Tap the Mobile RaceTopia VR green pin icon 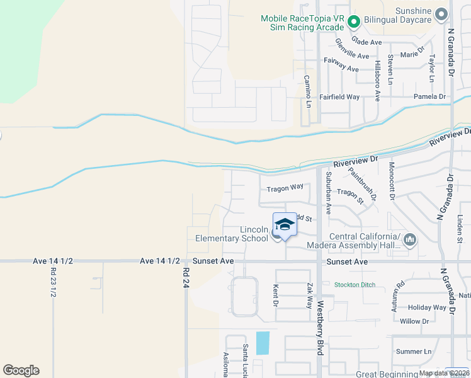354,23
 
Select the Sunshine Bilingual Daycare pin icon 442,13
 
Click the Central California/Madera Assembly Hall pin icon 410,239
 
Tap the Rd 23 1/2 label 53,283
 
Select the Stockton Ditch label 355,285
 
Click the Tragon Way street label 285,187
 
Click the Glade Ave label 367,42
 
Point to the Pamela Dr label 429,96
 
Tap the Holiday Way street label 426,307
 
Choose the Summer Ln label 414,351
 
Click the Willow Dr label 414,321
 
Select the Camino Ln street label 308,91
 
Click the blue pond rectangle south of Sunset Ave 263,343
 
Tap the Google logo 21,370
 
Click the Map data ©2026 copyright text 443,373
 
